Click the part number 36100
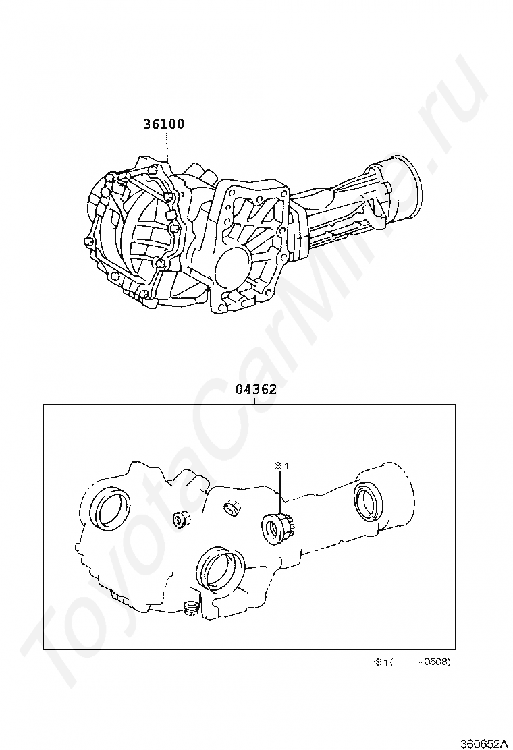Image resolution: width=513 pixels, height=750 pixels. tap(164, 124)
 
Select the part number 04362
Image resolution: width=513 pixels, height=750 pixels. tap(256, 389)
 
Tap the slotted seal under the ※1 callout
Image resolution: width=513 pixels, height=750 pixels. tap(279, 529)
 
